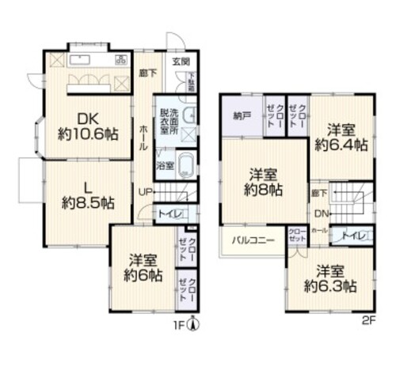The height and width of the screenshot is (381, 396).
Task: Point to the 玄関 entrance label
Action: tap(181, 62)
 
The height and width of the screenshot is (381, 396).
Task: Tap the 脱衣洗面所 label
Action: tap(167, 123)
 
